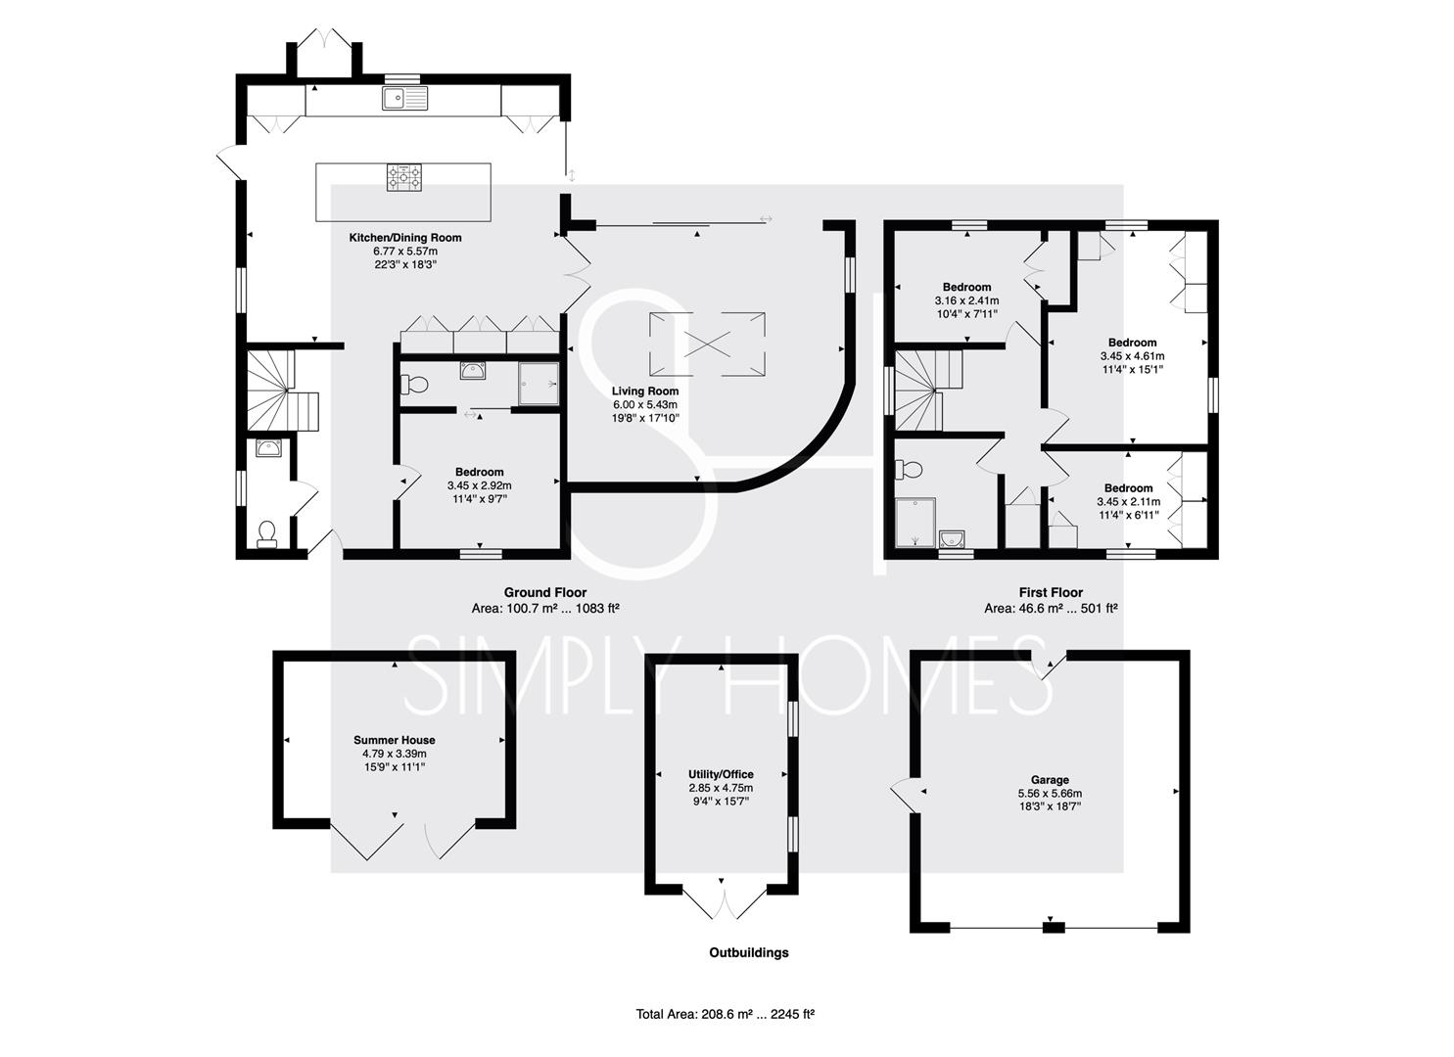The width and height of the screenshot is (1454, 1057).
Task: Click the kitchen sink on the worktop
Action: (x=404, y=98)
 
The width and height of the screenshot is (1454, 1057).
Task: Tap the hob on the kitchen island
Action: (x=403, y=177)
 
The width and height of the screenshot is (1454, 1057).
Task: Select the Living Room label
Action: (x=645, y=391)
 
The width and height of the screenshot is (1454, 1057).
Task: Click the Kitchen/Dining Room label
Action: (x=405, y=238)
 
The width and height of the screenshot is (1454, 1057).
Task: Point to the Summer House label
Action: (x=394, y=740)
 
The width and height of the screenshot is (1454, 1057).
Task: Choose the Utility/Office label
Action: (x=721, y=774)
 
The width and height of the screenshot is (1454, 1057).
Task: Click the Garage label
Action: (x=1050, y=780)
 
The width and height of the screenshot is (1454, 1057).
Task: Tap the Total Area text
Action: (x=726, y=1014)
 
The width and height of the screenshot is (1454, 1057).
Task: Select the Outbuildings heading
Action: (x=748, y=952)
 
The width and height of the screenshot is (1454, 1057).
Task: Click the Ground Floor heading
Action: (x=545, y=592)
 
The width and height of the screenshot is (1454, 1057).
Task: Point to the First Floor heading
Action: (x=1051, y=592)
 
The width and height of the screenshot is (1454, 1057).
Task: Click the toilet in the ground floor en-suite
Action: (x=414, y=386)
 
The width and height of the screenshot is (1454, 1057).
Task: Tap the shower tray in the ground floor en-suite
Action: (x=539, y=384)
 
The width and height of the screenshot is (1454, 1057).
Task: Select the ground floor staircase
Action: (x=282, y=391)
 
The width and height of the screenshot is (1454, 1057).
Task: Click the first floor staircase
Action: (x=928, y=391)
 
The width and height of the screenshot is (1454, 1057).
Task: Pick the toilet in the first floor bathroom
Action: (x=909, y=470)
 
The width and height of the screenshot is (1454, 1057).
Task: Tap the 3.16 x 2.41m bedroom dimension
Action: (x=966, y=300)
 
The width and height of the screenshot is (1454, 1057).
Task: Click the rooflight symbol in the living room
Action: (x=707, y=344)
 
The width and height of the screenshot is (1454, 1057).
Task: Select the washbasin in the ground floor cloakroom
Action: (x=268, y=447)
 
